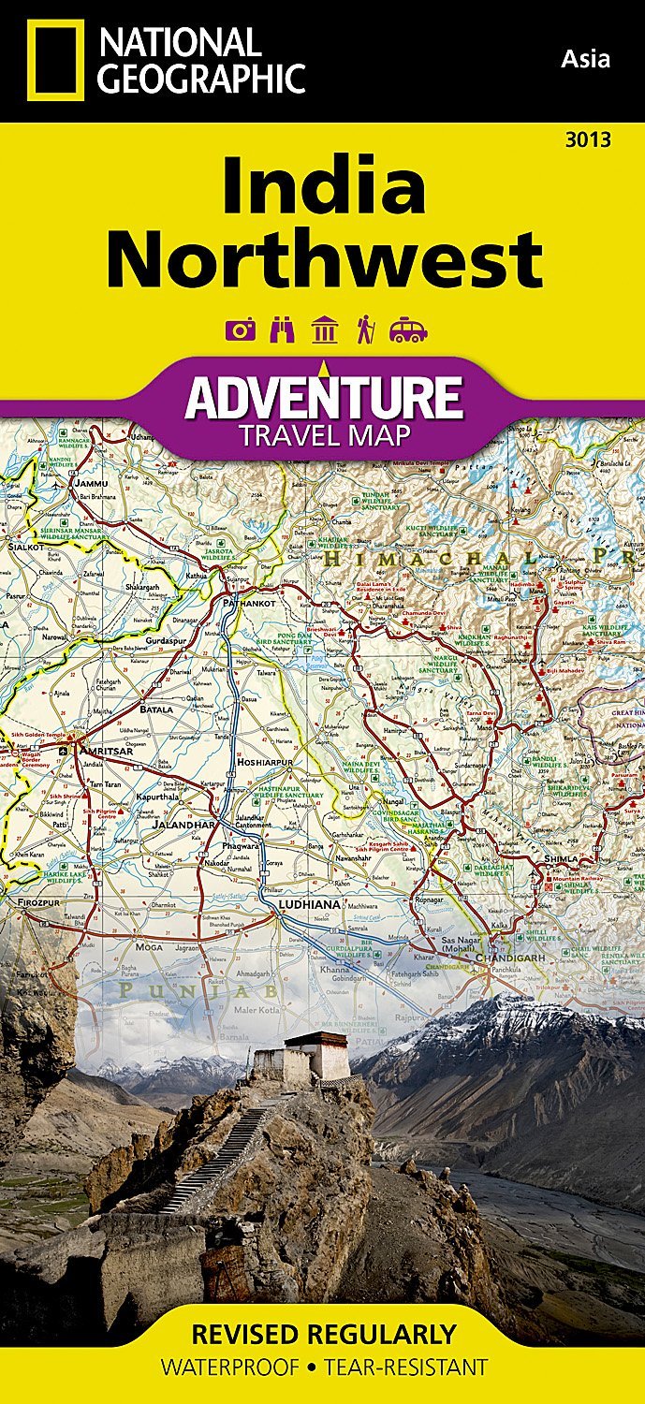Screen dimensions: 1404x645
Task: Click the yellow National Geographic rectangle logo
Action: (55, 60)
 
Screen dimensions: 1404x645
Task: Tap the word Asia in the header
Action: (585, 60)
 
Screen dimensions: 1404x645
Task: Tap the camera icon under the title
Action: (241, 329)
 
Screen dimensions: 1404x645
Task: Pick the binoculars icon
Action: (282, 329)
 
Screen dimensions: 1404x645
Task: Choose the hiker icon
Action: (365, 329)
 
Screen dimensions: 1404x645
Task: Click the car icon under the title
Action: (408, 330)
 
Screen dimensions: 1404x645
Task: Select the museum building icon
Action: (325, 329)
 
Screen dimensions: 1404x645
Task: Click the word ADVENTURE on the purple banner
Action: (324, 398)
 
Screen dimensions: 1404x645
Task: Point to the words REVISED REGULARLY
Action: (323, 1333)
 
